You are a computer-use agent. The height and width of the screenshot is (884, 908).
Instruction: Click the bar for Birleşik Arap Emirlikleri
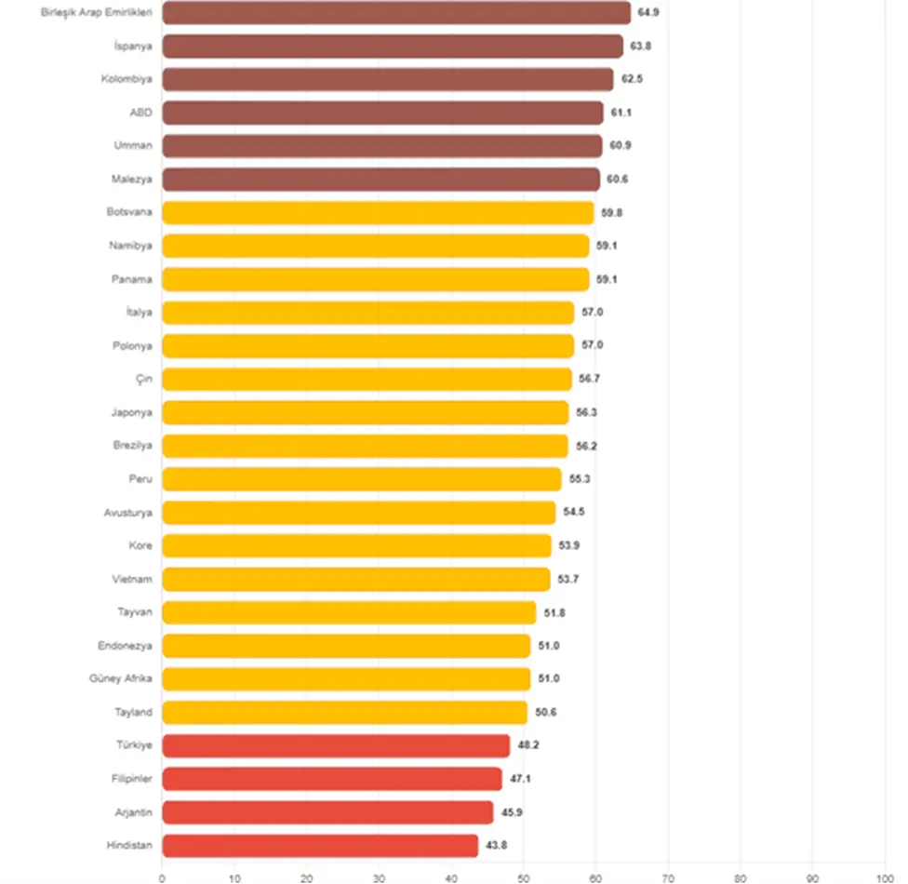(396, 13)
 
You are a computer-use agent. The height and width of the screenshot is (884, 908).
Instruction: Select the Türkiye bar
(336, 745)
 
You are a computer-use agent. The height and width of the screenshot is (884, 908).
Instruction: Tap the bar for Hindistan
(320, 846)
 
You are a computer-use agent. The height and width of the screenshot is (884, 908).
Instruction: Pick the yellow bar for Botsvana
(378, 212)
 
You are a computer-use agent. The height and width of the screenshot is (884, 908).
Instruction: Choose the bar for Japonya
(366, 412)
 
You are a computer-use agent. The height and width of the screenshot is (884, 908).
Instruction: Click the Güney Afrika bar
(346, 679)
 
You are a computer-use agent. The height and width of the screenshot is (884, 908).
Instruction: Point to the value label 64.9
(648, 12)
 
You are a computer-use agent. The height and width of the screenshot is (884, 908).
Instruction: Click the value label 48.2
(528, 745)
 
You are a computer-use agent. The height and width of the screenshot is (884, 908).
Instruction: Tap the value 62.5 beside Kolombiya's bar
(632, 79)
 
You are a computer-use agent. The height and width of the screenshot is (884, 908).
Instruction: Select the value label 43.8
(496, 845)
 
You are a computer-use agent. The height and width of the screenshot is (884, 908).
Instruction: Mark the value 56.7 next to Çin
(589, 379)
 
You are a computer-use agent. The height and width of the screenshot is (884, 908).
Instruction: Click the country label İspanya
(133, 46)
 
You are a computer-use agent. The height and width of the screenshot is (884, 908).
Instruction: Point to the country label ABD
(140, 113)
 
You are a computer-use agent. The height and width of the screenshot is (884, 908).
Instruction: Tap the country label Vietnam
(132, 580)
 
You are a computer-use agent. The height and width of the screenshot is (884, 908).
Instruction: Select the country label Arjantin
(134, 812)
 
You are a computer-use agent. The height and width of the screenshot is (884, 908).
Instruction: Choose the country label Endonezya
(125, 646)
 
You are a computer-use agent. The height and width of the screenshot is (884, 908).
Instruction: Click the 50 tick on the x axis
(524, 878)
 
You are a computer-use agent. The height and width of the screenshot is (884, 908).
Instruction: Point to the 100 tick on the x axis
(885, 878)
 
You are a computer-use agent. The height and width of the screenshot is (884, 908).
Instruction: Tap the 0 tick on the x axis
(162, 878)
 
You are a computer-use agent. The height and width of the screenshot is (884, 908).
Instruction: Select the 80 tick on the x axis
(740, 878)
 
